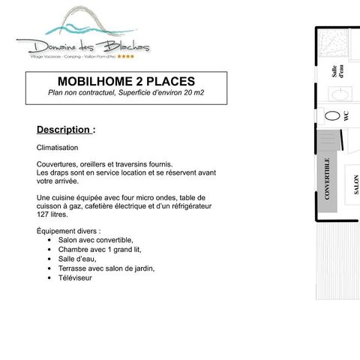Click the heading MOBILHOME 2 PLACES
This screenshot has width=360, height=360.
click(126, 81)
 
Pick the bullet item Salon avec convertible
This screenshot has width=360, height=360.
click(95, 240)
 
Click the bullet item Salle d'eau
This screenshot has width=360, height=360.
click(76, 259)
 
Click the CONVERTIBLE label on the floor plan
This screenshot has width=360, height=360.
click(328, 178)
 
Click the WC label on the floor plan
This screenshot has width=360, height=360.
click(346, 116)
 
